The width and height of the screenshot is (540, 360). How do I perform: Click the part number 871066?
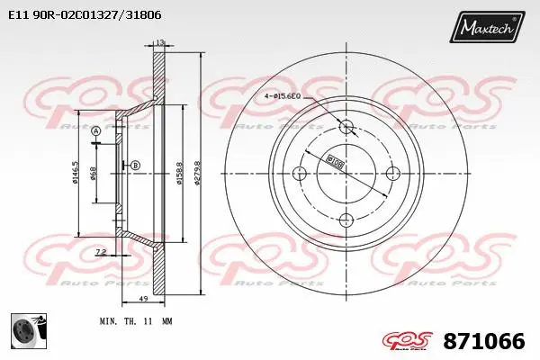[483, 342]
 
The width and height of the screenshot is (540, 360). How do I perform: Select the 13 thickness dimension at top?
[159, 43]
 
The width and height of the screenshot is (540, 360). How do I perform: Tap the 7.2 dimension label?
[102, 251]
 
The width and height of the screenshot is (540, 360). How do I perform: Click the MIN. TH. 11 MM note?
[136, 320]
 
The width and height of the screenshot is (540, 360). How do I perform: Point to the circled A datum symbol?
[96, 132]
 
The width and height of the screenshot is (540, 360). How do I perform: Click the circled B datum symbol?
[135, 164]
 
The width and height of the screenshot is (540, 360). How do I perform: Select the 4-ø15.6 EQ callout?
[291, 96]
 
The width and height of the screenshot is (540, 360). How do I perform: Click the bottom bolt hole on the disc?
[346, 218]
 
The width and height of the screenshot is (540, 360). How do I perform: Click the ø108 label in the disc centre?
[335, 163]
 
